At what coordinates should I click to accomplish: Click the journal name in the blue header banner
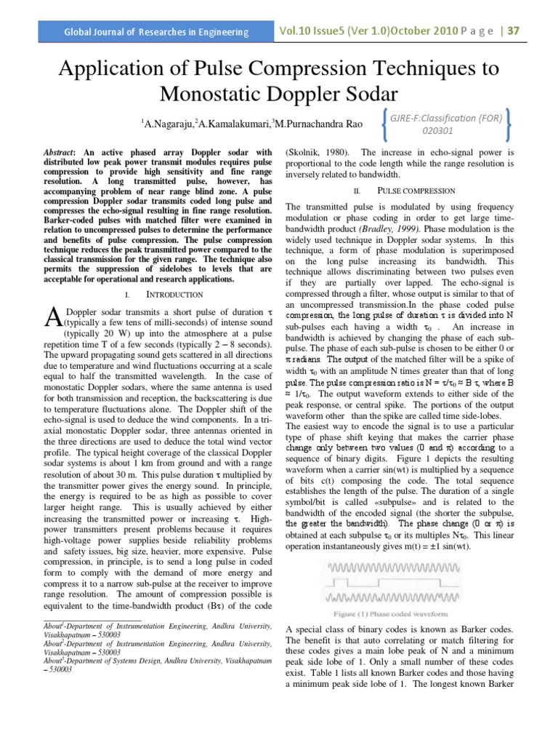click(156, 33)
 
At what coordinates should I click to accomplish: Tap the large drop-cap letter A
click(52, 316)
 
